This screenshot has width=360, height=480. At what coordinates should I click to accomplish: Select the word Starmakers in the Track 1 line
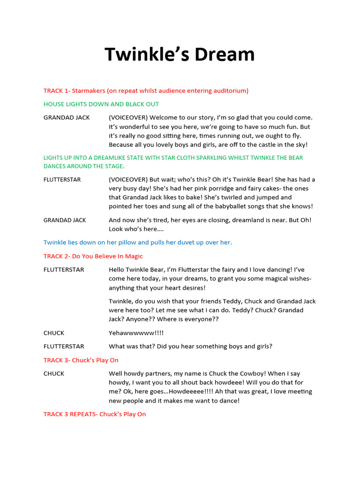88,90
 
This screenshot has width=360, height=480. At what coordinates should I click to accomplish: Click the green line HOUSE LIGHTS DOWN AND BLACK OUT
101,104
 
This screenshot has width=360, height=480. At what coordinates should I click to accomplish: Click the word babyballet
233,206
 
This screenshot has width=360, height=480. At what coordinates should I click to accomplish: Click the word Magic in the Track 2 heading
133,256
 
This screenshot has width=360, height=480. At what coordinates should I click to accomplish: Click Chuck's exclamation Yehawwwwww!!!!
136,333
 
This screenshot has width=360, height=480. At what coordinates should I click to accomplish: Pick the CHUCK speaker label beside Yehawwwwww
54,333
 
